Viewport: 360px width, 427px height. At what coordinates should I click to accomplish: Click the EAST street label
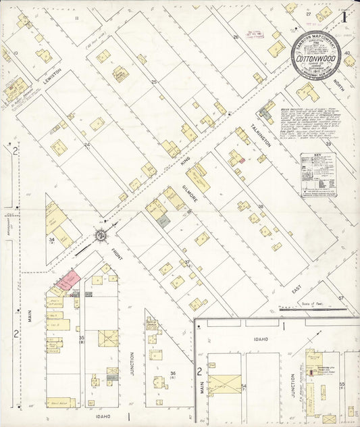pyautogui.click(x=295, y=272)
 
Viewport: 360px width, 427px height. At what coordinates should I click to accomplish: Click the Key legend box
pyautogui.click(x=318, y=174)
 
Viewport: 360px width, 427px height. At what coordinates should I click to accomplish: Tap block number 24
pyautogui.click(x=86, y=145)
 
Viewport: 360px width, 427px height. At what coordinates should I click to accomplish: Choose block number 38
pyautogui.click(x=260, y=207)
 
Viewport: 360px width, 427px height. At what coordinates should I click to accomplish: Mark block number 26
pyautogui.click(x=236, y=38)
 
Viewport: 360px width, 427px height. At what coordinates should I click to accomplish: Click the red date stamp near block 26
pyautogui.click(x=255, y=33)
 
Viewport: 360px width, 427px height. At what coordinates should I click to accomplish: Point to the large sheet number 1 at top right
pyautogui.click(x=344, y=16)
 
